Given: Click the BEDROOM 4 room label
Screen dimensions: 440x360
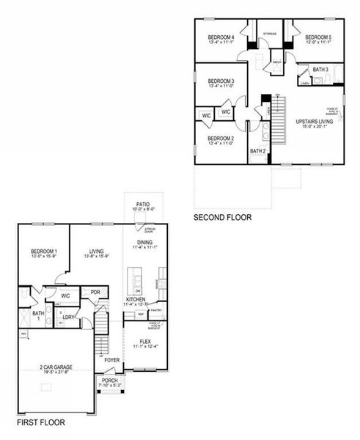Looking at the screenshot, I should coord(221,37).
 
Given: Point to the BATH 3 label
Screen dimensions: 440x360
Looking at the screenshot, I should coord(320,70).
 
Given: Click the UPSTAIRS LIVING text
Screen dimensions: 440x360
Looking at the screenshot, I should coord(315,122).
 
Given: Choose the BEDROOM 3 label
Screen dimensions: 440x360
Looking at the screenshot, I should coord(220,81).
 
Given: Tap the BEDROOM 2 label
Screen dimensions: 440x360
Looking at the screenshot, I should coord(220,139).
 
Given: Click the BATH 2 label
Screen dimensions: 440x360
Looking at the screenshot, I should coord(257,152).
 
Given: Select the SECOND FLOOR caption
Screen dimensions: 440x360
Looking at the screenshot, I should coord(222,218).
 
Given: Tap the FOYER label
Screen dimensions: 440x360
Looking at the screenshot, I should coord(111,360).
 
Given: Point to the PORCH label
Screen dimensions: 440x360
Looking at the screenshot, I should coord(111,381).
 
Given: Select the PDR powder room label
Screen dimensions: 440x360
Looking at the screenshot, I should coord(95,293).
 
